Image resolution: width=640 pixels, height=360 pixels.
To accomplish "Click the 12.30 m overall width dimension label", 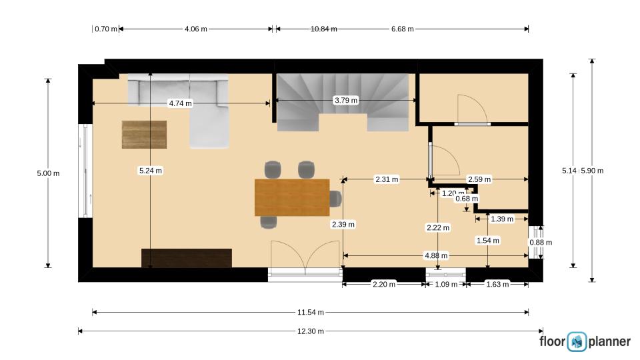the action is coord(310,331).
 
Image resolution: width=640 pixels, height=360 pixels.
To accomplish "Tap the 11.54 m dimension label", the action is coord(310,312).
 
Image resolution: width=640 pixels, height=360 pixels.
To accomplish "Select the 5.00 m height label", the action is coord(48,173).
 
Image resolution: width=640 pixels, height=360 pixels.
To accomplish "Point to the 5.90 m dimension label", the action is coord(592,171).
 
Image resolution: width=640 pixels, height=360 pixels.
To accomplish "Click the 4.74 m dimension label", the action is coord(180,103).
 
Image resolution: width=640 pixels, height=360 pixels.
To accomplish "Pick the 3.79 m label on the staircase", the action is coord(346,100).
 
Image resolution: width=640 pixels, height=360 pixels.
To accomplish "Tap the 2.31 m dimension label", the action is coord(387,179).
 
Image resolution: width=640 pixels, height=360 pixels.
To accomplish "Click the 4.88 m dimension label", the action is coord(436,255).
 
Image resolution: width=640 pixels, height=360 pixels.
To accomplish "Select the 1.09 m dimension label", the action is coord(446,284).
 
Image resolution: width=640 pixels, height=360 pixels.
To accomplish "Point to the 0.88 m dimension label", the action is coord(541,243).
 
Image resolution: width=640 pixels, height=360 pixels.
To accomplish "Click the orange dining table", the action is coord(292,197).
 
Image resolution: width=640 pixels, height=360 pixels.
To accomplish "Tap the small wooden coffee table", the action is coord(144,134).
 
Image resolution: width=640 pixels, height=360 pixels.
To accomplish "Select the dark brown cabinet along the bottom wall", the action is coord(187,258).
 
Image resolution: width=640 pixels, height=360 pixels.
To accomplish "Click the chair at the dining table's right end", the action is coord(335,199).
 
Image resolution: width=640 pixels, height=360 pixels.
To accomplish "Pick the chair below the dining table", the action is coord(269,222).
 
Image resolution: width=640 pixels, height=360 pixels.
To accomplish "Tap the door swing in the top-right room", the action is coord(472,109).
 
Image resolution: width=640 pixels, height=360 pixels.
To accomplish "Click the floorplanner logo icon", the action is coord(577,341).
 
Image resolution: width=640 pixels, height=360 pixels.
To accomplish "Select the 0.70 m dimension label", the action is coord(106,29).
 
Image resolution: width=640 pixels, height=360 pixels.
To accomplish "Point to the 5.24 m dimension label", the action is coord(150,171).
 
